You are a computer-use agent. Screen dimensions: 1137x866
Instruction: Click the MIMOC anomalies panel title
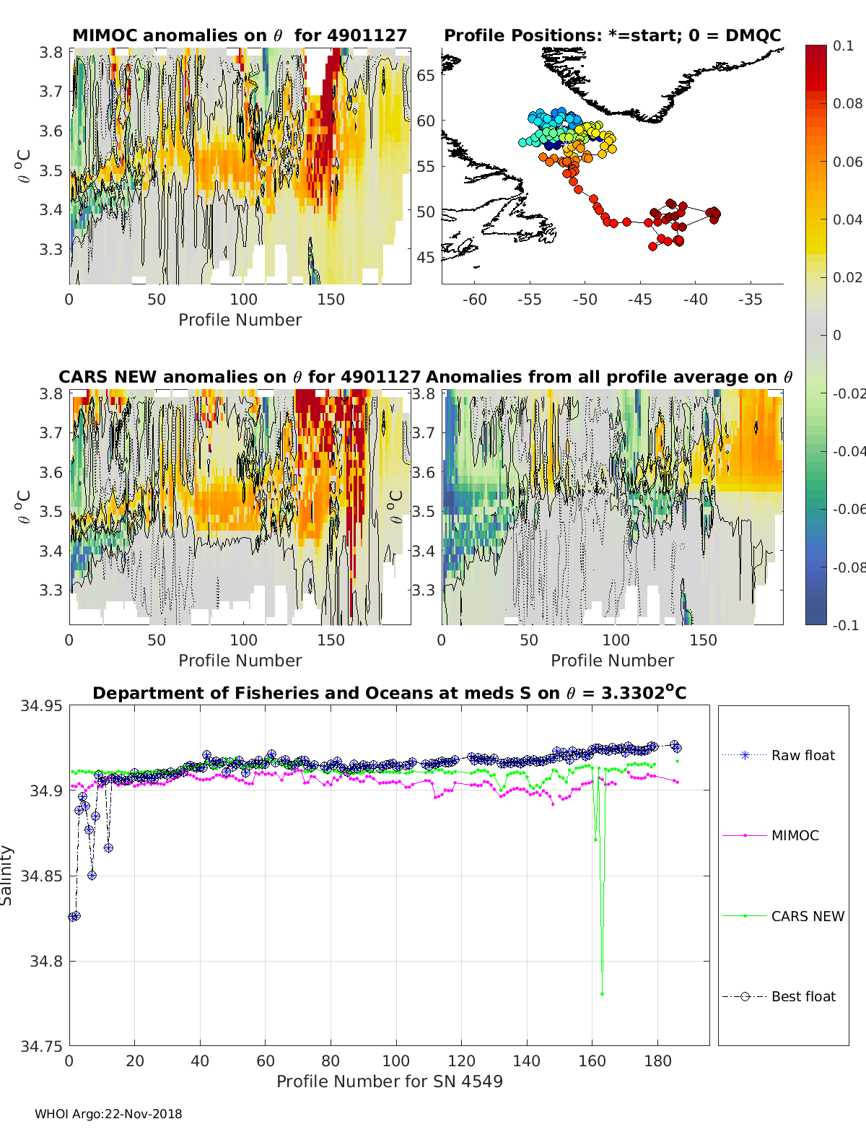(x=240, y=35)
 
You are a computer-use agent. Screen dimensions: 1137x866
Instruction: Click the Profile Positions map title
(x=612, y=35)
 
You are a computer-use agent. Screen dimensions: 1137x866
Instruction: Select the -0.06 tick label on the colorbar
(x=847, y=509)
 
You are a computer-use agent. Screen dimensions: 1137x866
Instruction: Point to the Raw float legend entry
(x=802, y=755)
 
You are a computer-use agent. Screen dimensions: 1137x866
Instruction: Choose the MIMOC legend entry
(x=795, y=835)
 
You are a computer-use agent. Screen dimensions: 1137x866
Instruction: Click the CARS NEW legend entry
(x=807, y=916)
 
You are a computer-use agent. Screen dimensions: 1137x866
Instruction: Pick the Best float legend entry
(x=802, y=996)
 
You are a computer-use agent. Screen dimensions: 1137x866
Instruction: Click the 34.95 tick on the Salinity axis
(x=41, y=705)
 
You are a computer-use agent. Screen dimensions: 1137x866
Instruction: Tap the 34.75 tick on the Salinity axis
(x=41, y=1046)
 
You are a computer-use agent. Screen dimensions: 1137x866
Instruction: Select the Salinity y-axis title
(x=7, y=876)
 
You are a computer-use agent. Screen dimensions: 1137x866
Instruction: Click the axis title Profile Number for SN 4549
(x=389, y=1081)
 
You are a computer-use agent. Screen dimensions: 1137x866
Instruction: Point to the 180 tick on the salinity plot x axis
(x=657, y=1060)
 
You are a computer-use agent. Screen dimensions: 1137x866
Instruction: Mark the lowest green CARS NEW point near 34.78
(x=602, y=994)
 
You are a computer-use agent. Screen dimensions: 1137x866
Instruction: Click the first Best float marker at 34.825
(x=72, y=917)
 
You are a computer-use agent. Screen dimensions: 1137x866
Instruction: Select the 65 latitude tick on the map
(x=426, y=75)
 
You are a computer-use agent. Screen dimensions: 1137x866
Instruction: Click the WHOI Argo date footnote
(x=108, y=1114)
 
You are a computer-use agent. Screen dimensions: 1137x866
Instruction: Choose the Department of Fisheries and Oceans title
(x=389, y=693)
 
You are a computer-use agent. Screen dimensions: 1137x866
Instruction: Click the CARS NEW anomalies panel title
(x=240, y=377)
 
